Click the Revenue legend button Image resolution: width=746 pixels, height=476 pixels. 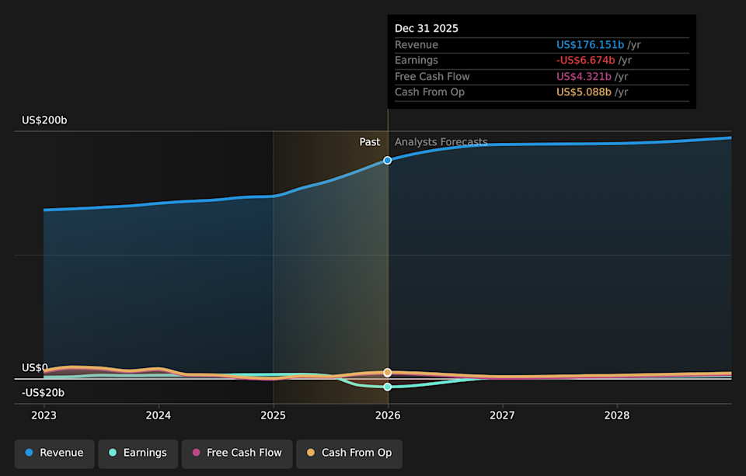click(54, 453)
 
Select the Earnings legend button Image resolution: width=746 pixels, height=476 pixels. click(138, 453)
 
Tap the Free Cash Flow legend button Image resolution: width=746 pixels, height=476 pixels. click(237, 453)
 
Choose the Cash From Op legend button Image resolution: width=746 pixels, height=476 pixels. click(349, 453)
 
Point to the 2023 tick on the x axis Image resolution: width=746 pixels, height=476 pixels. click(44, 415)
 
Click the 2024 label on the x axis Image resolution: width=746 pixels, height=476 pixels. click(159, 415)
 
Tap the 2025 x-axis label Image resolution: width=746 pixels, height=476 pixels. click(273, 415)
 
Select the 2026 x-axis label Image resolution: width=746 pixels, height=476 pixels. click(388, 415)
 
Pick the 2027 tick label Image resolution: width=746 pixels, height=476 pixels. click(502, 415)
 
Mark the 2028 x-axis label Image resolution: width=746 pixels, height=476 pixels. click(617, 415)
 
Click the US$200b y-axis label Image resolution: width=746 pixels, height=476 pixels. click(44, 120)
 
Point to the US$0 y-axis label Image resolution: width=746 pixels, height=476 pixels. click(34, 367)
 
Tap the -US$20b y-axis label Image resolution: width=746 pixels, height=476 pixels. click(43, 393)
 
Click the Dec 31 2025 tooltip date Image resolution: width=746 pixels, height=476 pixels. click(427, 29)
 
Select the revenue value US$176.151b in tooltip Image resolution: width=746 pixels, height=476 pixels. click(590, 45)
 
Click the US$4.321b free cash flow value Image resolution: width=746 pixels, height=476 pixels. click(584, 76)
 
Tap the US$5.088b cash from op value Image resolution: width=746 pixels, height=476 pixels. click(584, 92)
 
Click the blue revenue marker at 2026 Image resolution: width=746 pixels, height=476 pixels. click(388, 160)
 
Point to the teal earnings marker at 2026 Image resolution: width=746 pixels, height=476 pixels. click(388, 387)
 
